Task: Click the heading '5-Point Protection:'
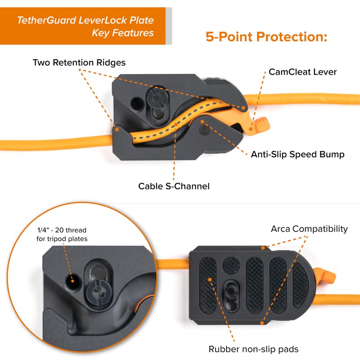(x=266, y=36)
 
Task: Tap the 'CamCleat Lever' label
(x=302, y=72)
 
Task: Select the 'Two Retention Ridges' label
(x=79, y=62)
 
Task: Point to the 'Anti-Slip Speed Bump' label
(x=297, y=154)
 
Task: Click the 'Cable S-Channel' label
(x=174, y=186)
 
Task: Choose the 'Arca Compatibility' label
(x=309, y=229)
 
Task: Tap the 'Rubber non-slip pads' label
(x=253, y=349)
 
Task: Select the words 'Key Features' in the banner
(x=122, y=33)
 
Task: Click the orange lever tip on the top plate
(x=262, y=123)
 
